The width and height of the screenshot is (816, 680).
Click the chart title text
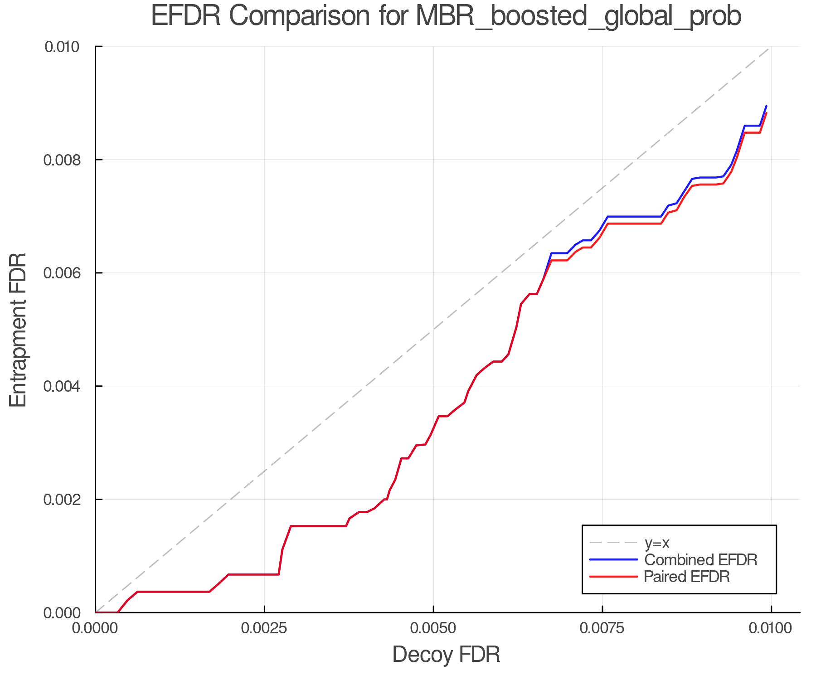[446, 16]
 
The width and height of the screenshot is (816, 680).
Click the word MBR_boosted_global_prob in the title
[578, 16]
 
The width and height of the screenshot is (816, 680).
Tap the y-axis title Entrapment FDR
[18, 330]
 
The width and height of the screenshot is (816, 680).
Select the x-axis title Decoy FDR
[446, 655]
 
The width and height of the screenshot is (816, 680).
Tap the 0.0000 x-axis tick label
[95, 628]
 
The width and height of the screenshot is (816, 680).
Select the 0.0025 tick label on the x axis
[264, 628]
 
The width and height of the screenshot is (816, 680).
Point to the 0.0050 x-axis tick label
[433, 628]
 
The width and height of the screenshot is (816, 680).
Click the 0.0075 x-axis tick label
[602, 628]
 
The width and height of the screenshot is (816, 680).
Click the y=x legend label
[657, 543]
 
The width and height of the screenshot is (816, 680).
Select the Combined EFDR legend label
[700, 560]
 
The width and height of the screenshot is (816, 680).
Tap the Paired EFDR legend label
[687, 577]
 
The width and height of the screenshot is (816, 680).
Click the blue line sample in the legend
[613, 560]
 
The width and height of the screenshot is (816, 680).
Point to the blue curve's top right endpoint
[766, 106]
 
